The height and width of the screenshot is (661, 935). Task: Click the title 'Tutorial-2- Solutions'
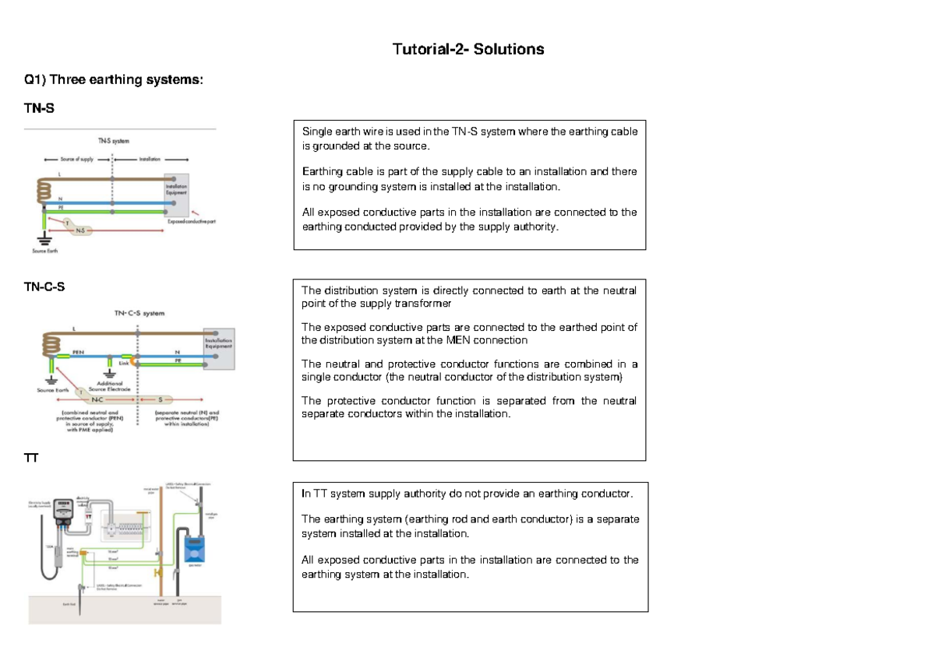coord(467,49)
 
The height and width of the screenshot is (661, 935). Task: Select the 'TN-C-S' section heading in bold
coord(44,287)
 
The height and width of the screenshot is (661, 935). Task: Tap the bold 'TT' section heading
coord(31,458)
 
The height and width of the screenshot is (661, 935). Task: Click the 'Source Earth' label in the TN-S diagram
coord(45,251)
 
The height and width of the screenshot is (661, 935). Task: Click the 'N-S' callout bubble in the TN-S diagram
coord(80,230)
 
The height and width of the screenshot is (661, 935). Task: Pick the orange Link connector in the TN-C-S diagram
coord(135,361)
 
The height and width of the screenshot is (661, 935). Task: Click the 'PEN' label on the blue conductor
coord(78,351)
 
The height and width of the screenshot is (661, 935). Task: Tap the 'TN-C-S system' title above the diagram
coord(139,313)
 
